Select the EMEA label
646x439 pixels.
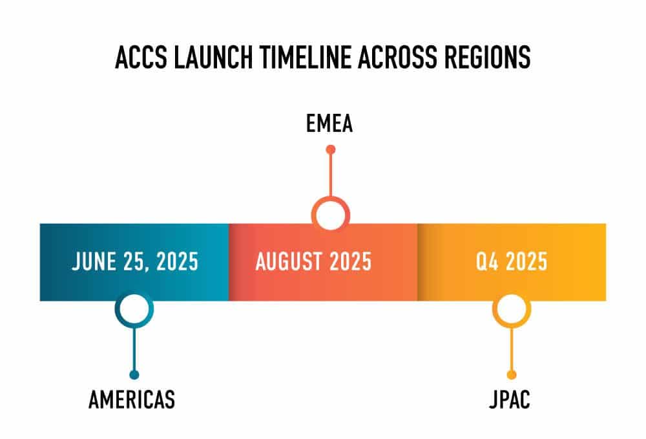click(x=329, y=123)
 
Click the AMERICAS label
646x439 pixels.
click(x=132, y=400)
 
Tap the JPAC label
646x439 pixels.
click(x=510, y=400)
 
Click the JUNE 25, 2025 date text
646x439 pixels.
click(x=135, y=262)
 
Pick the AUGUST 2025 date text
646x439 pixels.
click(x=313, y=262)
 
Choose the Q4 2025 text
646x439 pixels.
click(x=511, y=262)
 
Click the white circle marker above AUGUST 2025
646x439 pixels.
click(x=330, y=214)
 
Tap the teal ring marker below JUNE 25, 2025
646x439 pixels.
click(x=134, y=310)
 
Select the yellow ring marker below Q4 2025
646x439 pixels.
click(x=511, y=310)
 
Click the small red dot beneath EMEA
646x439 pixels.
click(x=330, y=149)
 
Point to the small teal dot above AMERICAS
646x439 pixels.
click(x=134, y=375)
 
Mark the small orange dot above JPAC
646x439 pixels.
click(x=511, y=375)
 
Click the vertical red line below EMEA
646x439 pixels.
click(x=330, y=175)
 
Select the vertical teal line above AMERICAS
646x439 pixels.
click(x=134, y=349)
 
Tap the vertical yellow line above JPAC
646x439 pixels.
click(x=511, y=349)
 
